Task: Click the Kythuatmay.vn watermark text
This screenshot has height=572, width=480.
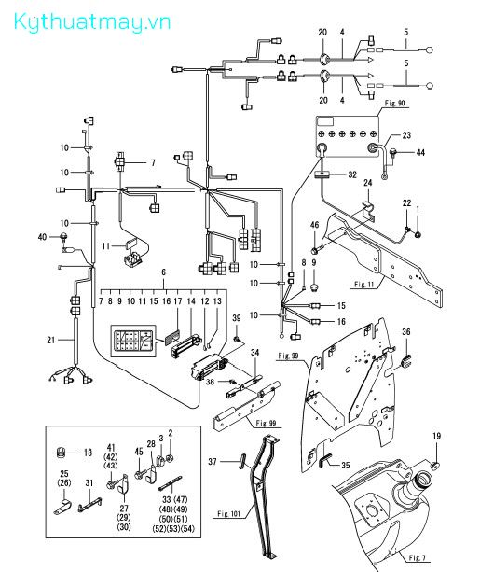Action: (x=92, y=22)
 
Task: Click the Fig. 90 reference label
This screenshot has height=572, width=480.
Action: (x=394, y=103)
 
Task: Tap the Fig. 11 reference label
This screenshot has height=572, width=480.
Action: (x=364, y=285)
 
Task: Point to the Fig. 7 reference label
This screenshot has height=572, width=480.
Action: (x=417, y=558)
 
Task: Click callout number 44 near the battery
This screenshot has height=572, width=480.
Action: (x=420, y=152)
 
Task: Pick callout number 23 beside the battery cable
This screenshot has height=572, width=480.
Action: (x=406, y=135)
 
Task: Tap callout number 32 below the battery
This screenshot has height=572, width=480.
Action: (x=352, y=174)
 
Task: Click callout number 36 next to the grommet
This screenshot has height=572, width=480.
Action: (x=406, y=331)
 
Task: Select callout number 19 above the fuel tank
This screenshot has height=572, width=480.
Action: (x=436, y=436)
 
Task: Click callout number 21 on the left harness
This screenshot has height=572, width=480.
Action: (x=51, y=340)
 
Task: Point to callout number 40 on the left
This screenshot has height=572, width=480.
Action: (x=42, y=237)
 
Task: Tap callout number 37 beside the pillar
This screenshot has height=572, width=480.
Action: (x=213, y=462)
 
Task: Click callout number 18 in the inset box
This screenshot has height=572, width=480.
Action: (x=88, y=453)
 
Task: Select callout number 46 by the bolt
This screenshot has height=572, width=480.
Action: (x=314, y=225)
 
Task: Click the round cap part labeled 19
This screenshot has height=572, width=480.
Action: (x=434, y=465)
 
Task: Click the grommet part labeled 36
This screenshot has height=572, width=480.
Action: (x=405, y=360)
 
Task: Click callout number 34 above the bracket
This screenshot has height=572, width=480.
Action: (x=254, y=353)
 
